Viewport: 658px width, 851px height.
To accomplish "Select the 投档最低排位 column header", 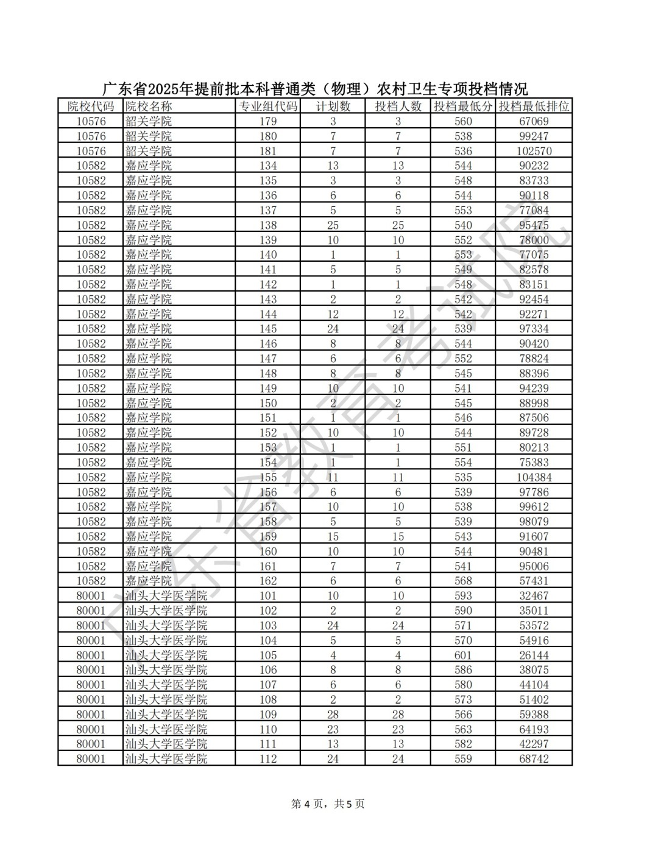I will click(534, 107).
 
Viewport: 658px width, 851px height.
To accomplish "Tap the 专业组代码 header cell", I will click(268, 107).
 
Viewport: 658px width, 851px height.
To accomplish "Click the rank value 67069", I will click(534, 121).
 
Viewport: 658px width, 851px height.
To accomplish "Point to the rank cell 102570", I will click(534, 151).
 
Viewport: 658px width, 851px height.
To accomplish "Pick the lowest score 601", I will click(463, 655).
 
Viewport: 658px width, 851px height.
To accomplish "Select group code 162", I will click(268, 581).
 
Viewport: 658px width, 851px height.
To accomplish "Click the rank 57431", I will click(534, 581).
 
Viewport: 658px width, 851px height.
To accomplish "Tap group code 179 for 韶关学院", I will click(268, 121).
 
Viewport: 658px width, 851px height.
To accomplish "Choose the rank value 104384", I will click(534, 477).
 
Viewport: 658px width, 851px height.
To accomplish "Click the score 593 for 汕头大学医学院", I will click(463, 596).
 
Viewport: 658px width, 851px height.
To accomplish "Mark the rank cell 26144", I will click(534, 655).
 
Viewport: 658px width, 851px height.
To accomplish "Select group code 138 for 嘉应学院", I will click(268, 225).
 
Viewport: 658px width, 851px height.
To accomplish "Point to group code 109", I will click(268, 715).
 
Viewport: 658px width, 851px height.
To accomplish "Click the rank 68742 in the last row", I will click(534, 759).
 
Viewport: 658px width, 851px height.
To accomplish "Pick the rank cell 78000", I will click(534, 240).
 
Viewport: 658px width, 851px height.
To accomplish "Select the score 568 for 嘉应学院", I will click(463, 581).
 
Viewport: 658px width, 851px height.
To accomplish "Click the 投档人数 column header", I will click(398, 107).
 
